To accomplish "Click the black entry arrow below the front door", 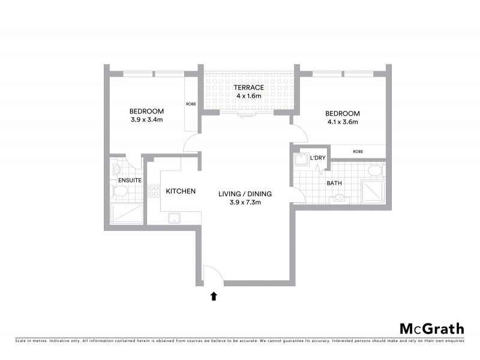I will (x=214, y=295).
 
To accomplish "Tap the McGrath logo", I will (x=431, y=328).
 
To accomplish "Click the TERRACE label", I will (x=248, y=88).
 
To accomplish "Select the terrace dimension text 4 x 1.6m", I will (x=248, y=96).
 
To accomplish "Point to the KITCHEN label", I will (x=181, y=191).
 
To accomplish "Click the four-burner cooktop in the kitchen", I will (x=154, y=192).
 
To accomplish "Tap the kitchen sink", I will (x=175, y=218).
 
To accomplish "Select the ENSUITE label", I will (x=130, y=180).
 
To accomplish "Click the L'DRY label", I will (x=317, y=158).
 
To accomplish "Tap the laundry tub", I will (x=299, y=159).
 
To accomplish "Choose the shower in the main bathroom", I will (x=374, y=191).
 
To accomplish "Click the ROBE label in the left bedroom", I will (x=191, y=104).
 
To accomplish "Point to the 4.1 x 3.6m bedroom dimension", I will (x=342, y=122).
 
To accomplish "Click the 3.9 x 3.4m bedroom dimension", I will (x=147, y=119).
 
